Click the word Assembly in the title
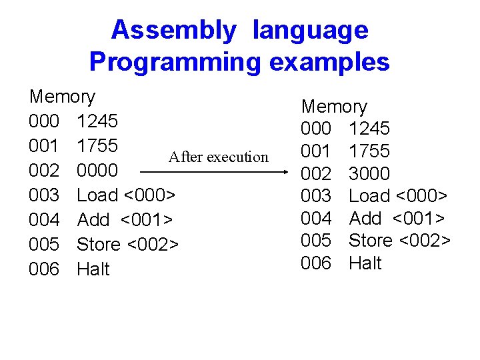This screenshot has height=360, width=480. [x=173, y=31]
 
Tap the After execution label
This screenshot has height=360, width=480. [x=218, y=157]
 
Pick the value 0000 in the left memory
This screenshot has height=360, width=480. [x=97, y=171]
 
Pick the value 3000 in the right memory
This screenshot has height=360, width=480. [x=369, y=173]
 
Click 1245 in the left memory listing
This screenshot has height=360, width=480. [x=97, y=121]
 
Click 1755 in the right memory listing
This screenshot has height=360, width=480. [x=369, y=151]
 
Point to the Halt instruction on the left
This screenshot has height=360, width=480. [x=93, y=269]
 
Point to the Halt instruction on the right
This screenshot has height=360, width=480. [x=365, y=263]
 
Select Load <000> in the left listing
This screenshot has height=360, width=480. [x=127, y=195]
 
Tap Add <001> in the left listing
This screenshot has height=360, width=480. [x=126, y=220]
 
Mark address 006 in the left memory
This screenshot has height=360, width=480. [x=45, y=269]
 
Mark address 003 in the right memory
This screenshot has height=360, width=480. [x=316, y=196]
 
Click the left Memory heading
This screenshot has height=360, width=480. [x=62, y=97]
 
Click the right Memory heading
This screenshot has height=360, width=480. [x=334, y=107]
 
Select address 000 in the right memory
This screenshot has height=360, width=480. [x=316, y=129]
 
